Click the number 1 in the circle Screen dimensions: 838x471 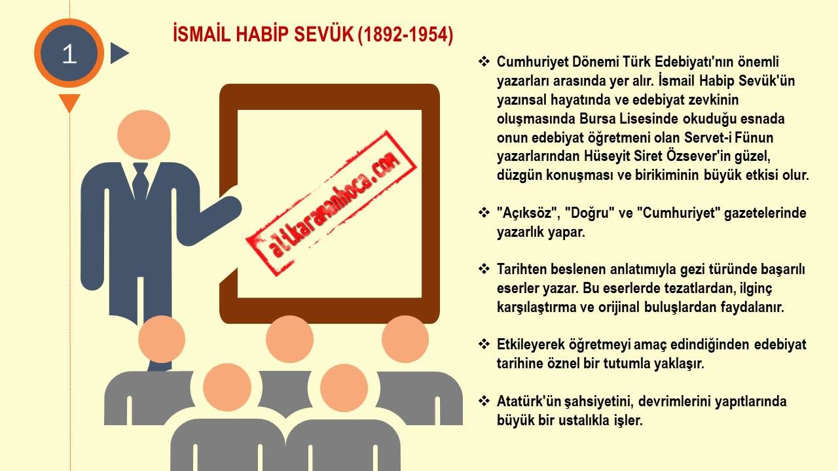[69, 54]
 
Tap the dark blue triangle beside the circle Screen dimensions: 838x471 [119, 53]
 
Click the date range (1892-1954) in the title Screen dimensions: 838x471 [405, 35]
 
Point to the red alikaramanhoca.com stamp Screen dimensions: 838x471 [331, 203]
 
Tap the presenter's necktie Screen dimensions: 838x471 [140, 183]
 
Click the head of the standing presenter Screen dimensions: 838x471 [143, 135]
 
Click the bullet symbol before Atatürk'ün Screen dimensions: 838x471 [484, 401]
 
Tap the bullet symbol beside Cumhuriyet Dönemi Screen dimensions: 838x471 [484, 61]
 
